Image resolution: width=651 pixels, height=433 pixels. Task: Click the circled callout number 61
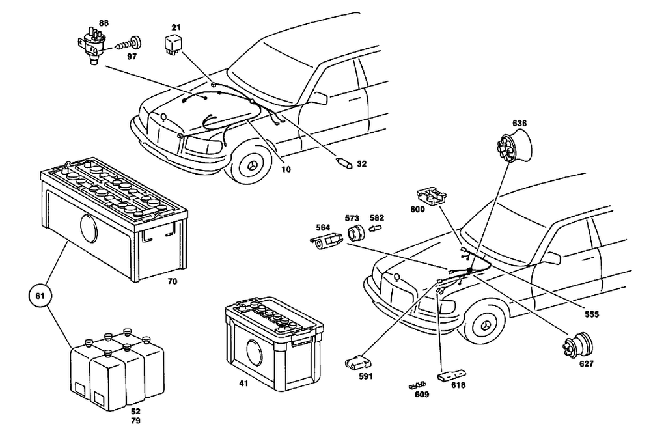tap(40, 296)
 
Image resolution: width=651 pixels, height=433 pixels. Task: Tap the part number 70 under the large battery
tap(172, 281)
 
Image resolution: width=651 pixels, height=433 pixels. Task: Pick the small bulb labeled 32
tap(344, 163)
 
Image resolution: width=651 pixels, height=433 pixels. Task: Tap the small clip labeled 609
tap(417, 385)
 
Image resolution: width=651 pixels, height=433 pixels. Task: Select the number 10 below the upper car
tap(286, 169)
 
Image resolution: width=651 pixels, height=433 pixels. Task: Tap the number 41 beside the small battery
tap(243, 384)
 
